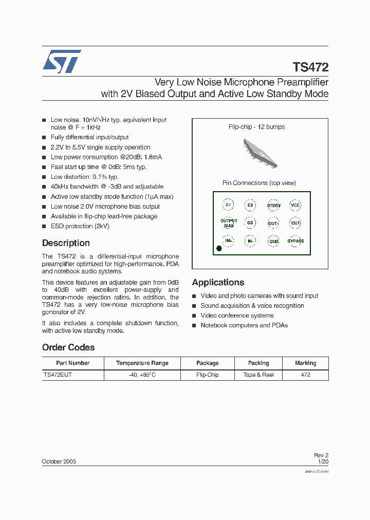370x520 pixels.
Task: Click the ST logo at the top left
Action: pyautogui.click(x=61, y=62)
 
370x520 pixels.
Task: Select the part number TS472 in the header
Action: pyautogui.click(x=310, y=67)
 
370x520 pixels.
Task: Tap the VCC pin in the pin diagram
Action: pyautogui.click(x=295, y=205)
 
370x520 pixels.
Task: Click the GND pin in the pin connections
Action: pyautogui.click(x=273, y=241)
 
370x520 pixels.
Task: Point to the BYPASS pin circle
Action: pyautogui.click(x=295, y=241)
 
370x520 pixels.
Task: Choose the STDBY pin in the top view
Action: pyautogui.click(x=273, y=205)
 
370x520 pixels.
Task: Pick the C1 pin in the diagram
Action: pyautogui.click(x=229, y=205)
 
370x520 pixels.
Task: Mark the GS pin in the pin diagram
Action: pyautogui.click(x=250, y=223)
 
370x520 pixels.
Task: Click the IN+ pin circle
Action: pyautogui.click(x=229, y=240)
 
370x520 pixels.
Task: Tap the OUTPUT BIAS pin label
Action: pyautogui.click(x=229, y=223)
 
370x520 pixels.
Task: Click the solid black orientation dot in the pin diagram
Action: pyautogui.click(x=219, y=249)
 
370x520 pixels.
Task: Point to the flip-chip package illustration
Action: pyautogui.click(x=260, y=153)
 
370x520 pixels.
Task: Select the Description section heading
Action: pyautogui.click(x=66, y=243)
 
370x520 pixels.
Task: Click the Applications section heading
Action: pyautogui.click(x=218, y=282)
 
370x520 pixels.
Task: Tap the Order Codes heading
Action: pyautogui.click(x=68, y=347)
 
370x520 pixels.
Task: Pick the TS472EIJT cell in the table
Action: pyautogui.click(x=58, y=375)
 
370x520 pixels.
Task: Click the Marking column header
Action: pyautogui.click(x=305, y=363)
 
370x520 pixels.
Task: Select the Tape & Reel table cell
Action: pyautogui.click(x=258, y=375)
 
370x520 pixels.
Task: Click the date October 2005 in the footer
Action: pyautogui.click(x=59, y=461)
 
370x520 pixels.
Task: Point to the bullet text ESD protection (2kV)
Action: pyautogui.click(x=80, y=226)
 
